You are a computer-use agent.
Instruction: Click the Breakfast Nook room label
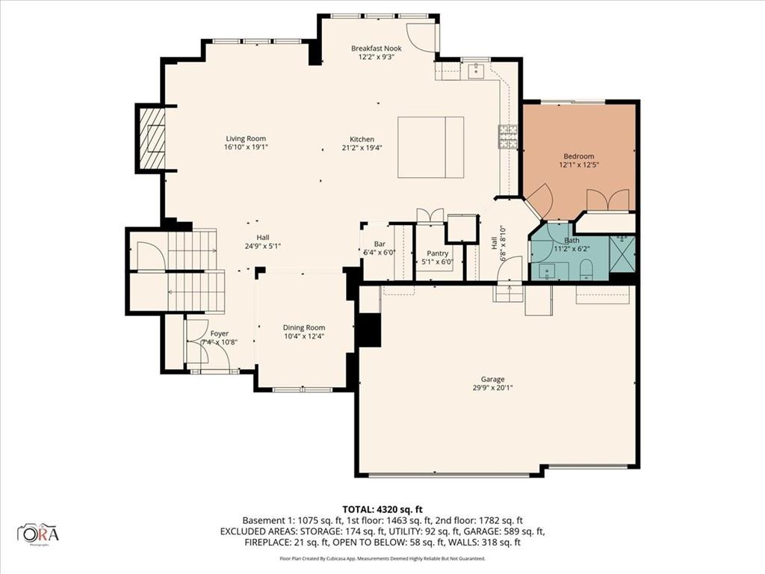[x=376, y=49]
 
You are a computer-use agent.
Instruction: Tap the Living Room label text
[x=246, y=139]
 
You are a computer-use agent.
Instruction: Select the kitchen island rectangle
[x=430, y=147]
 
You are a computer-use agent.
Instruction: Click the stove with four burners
[x=509, y=136]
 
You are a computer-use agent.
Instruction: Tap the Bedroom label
[x=578, y=156]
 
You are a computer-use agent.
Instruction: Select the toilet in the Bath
[x=586, y=269]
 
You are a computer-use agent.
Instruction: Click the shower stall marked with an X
[x=622, y=253]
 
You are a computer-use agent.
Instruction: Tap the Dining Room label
[x=303, y=327]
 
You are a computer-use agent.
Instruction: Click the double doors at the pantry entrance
[x=430, y=215]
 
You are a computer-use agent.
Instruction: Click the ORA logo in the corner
[x=38, y=534]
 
